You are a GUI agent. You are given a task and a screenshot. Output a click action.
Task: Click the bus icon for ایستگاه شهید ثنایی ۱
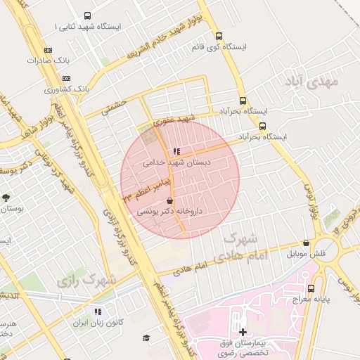pyautogui.click(x=87, y=15)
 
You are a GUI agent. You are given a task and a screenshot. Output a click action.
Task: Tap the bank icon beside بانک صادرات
pyautogui.click(x=47, y=50)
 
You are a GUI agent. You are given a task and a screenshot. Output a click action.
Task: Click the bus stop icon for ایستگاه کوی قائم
pyautogui.click(x=219, y=36)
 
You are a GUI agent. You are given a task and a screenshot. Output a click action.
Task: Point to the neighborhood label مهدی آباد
pyautogui.click(x=311, y=82)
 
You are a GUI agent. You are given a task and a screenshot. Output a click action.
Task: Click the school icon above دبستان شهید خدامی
pyautogui.click(x=176, y=151)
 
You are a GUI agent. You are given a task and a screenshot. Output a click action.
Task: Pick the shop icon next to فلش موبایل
pyautogui.click(x=306, y=243)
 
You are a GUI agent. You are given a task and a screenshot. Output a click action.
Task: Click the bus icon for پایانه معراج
pyautogui.click(x=311, y=288)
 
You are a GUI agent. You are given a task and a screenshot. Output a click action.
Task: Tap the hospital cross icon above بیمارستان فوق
pyautogui.click(x=243, y=331)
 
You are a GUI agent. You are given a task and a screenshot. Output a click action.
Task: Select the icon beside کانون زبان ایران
pyautogui.click(x=98, y=311)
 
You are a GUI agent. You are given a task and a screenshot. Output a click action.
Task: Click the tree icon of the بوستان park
pyautogui.click(x=6, y=198)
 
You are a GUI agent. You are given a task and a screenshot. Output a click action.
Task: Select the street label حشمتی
pyautogui.click(x=114, y=106)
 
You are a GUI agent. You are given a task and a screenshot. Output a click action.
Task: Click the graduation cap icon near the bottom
pyautogui.click(x=146, y=338)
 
